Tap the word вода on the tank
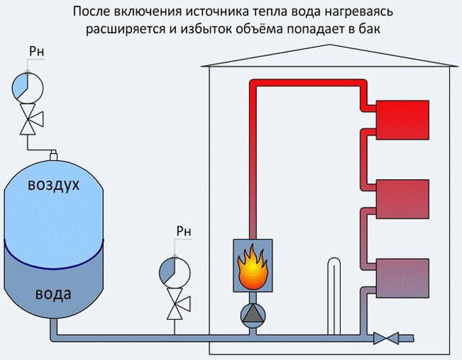[x=53, y=295]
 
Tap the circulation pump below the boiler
[x=253, y=315]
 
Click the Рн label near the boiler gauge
[x=183, y=232]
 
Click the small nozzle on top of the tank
[x=53, y=154]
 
